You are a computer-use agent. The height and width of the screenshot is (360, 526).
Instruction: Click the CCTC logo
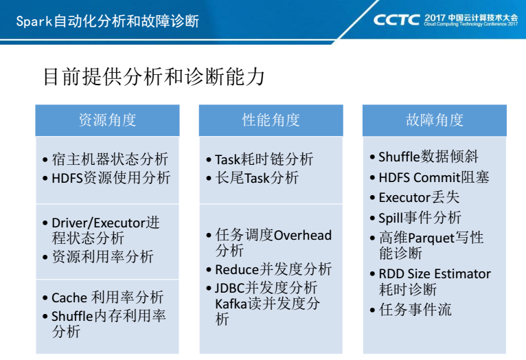pyautogui.click(x=396, y=20)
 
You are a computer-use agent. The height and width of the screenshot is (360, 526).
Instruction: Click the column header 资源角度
pyautogui.click(x=107, y=120)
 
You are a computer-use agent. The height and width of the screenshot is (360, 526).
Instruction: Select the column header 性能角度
pyautogui.click(x=271, y=120)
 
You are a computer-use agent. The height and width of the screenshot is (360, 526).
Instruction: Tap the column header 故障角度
pyautogui.click(x=435, y=120)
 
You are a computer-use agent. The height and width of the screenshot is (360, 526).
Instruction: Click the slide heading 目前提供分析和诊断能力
pyautogui.click(x=154, y=77)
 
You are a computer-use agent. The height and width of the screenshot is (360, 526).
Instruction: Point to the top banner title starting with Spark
pyautogui.click(x=107, y=21)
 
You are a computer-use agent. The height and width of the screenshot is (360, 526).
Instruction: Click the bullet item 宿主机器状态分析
pyautogui.click(x=110, y=159)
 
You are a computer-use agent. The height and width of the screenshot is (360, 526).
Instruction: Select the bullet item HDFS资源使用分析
pyautogui.click(x=111, y=178)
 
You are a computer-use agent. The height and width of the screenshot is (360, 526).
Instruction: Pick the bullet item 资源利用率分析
pyautogui.click(x=102, y=257)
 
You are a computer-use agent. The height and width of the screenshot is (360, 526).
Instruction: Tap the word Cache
pyautogui.click(x=70, y=297)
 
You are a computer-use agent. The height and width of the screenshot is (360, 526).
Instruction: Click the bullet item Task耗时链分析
pyautogui.click(x=264, y=159)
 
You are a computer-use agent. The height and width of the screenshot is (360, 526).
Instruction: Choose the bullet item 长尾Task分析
pyautogui.click(x=257, y=178)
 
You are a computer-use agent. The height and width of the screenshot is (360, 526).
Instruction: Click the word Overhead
pyautogui.click(x=303, y=235)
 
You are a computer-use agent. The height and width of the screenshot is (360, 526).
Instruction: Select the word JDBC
pyautogui.click(x=229, y=288)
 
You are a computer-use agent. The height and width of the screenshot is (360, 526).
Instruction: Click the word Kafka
pyautogui.click(x=231, y=304)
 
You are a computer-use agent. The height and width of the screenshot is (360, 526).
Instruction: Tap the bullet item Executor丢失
pyautogui.click(x=419, y=197)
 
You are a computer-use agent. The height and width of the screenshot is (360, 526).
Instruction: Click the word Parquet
pyautogui.click(x=431, y=238)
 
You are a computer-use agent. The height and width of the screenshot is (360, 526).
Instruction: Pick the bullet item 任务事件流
pyautogui.click(x=415, y=309)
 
